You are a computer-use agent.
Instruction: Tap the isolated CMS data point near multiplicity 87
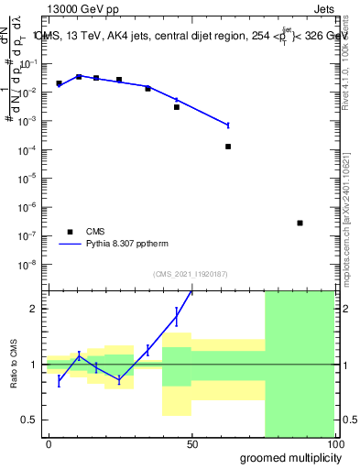coord(300,223)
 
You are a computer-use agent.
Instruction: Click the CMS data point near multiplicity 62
coord(228,147)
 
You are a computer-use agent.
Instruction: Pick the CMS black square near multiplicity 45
coord(177,107)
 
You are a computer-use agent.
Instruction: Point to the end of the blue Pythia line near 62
coord(228,125)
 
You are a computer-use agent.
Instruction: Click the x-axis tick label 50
coord(191,444)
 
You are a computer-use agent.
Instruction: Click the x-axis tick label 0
coord(49,444)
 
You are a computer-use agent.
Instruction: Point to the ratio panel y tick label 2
coord(34,309)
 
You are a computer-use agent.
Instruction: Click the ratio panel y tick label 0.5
coord(30,420)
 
